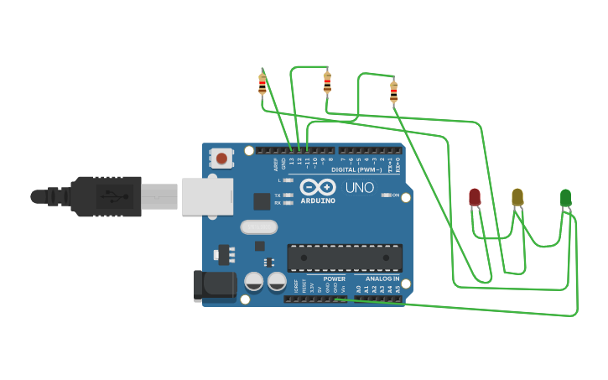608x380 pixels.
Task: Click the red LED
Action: tap(475, 196)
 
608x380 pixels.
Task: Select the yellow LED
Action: tap(517, 196)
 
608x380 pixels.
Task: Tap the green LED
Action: tap(565, 197)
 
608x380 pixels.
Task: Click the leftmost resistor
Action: tap(262, 83)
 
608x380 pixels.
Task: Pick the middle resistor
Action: tap(327, 82)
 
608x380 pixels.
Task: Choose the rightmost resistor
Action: tap(393, 91)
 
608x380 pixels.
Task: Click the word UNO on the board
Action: tap(360, 188)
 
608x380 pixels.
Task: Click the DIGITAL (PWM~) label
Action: tap(356, 169)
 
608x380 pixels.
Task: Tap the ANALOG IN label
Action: tap(382, 278)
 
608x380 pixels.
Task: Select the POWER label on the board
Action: tap(334, 278)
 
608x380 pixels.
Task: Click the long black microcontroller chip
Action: tap(345, 258)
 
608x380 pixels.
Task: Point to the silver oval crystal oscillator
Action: tap(258, 226)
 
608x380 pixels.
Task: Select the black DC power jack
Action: tap(215, 285)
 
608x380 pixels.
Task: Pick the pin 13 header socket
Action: tap(292, 151)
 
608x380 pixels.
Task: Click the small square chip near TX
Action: tap(262, 201)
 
